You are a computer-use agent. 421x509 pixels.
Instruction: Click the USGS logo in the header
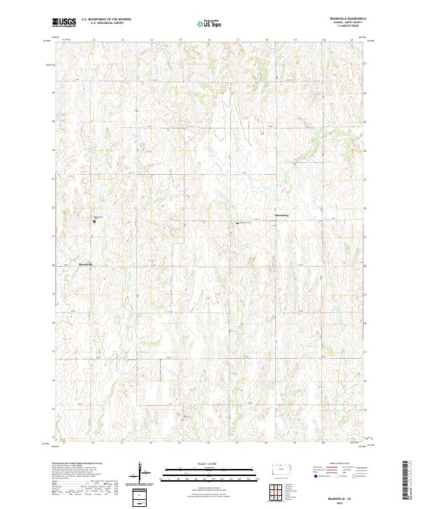coord(64,23)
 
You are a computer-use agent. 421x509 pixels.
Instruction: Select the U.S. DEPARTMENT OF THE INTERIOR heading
coord(106,20)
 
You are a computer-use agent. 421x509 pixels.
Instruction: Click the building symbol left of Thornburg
coord(237,223)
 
